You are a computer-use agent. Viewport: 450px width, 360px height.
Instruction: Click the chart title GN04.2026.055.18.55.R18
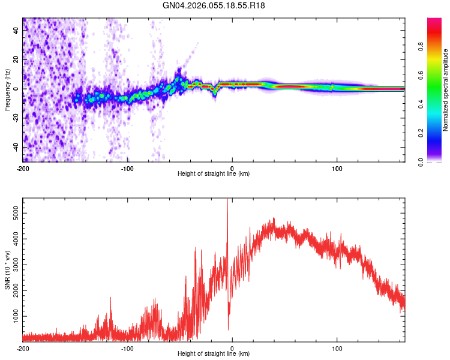(214, 6)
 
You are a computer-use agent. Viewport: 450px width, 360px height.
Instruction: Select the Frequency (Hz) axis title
(7, 90)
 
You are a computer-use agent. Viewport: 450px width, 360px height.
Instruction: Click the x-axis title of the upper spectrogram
(214, 174)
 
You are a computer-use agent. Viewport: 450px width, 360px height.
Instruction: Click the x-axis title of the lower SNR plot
(214, 354)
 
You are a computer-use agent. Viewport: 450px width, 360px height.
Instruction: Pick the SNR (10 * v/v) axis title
(7, 270)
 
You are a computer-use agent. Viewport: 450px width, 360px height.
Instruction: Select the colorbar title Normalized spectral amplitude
(446, 90)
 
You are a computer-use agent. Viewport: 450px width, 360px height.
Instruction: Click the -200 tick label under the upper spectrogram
(23, 168)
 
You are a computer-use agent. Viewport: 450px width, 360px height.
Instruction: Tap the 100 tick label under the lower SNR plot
(337, 348)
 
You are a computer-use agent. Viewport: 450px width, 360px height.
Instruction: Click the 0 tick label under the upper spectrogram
(232, 168)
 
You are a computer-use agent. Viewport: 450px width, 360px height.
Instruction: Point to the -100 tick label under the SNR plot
(127, 348)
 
